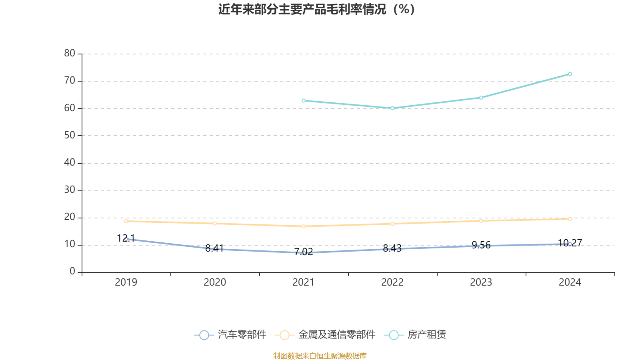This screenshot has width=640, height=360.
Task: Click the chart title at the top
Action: coord(317,9)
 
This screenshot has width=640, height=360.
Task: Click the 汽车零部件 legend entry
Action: coord(230,335)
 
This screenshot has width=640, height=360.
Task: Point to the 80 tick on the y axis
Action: coord(70,53)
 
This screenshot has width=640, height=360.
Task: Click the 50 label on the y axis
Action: coord(70,135)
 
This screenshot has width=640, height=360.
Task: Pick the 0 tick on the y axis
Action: coord(72,272)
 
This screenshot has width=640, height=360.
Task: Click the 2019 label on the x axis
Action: coord(126,282)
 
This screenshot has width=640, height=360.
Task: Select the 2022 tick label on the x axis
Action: coord(392,282)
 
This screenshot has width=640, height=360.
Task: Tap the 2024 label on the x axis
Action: coord(570,282)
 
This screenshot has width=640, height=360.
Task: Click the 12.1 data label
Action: coord(126,238)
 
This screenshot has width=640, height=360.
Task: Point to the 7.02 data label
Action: coord(304,252)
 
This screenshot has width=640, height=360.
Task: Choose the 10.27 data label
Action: coord(570,243)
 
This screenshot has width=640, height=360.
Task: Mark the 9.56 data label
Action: coord(481,245)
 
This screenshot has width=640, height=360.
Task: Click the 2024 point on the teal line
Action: coord(570,74)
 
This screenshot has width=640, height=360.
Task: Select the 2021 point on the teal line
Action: coord(304,100)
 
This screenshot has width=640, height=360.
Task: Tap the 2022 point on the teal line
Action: coord(392,108)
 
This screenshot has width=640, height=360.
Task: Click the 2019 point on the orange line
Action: coord(126,221)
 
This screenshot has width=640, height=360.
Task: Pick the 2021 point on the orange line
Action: coord(304,226)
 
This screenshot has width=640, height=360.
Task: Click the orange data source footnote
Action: coord(320,356)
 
